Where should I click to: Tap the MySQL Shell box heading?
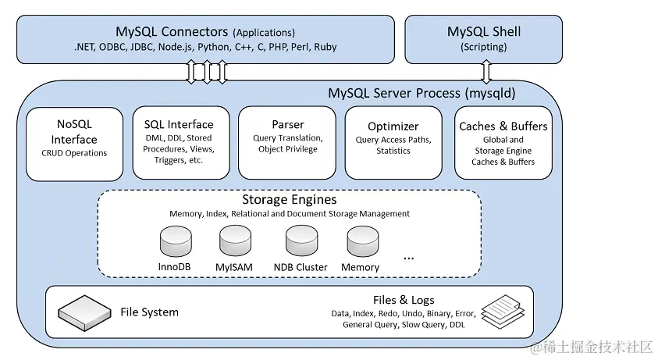pos(483,32)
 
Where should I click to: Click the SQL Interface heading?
pos(178,124)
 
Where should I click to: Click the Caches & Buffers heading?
pos(503,126)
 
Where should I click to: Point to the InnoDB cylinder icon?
pos(176,242)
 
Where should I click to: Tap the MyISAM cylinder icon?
pos(235,242)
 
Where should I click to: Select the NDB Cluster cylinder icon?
pos(301,242)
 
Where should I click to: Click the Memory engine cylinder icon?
pos(362,242)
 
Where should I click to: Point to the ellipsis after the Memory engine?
pos(409,256)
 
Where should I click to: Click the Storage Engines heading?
pos(288,200)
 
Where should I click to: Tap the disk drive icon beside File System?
pos(84,312)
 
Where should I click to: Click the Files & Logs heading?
pos(404,300)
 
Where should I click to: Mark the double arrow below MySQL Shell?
pos(485,72)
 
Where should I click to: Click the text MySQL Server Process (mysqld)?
pos(421,93)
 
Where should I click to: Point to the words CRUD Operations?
pos(74,153)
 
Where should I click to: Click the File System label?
pos(149,312)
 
